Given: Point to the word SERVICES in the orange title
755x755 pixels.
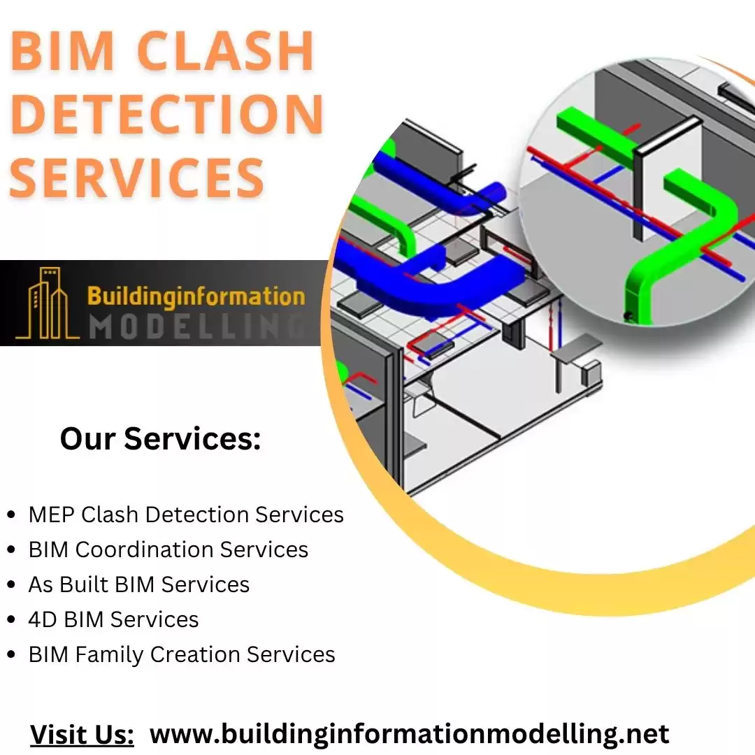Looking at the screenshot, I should point(138,175).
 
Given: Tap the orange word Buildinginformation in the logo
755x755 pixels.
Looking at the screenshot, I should point(196,296).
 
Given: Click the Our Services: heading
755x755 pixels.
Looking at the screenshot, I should point(160,439).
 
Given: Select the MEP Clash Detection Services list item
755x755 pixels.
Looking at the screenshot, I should point(186,515).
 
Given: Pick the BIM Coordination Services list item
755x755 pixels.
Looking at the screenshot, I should point(168,549).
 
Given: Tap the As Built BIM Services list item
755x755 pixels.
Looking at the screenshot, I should point(138,584).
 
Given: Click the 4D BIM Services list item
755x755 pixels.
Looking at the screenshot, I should point(113,619).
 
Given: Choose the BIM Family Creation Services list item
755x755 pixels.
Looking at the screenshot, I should point(182,654).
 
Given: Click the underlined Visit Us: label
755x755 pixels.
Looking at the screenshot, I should point(82,735).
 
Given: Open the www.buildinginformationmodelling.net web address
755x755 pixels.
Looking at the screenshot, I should point(410,734).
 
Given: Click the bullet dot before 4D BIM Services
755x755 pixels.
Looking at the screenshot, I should point(10,620).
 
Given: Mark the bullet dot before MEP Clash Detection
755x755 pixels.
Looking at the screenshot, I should point(10,515).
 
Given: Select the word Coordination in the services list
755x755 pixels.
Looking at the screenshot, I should point(145,549).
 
